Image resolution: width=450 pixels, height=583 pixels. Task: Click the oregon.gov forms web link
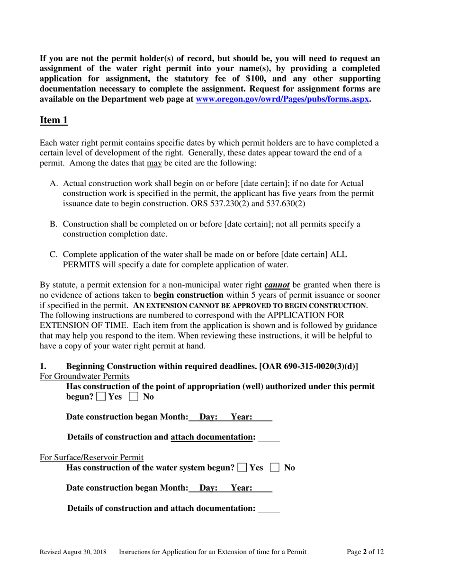pos(282,100)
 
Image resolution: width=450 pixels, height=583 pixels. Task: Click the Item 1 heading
pos(54,120)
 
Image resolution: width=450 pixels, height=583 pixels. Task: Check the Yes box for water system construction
pos(242,468)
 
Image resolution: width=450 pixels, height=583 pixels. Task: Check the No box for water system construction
pos(275,468)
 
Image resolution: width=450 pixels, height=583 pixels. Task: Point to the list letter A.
pos(54,183)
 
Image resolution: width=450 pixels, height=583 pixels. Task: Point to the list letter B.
pos(54,224)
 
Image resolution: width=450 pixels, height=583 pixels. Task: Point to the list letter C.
pos(54,255)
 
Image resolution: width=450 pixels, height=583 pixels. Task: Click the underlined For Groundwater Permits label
pos(85,376)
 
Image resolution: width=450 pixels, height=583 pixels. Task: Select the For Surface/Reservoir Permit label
pos(91,457)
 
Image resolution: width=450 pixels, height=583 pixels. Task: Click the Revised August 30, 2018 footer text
pos(73,552)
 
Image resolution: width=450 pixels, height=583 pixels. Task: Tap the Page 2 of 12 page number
pos(365,552)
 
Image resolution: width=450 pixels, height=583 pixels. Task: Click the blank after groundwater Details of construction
pos(269,437)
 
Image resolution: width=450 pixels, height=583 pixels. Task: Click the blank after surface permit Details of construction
pos(269,509)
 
